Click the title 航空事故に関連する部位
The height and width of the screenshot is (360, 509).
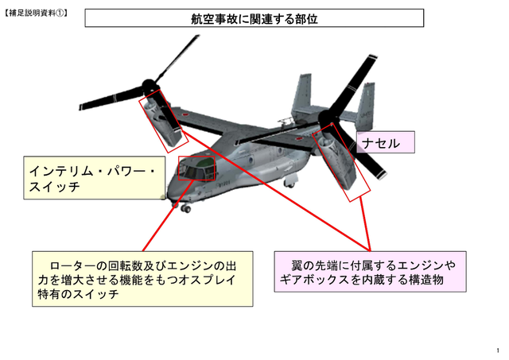(x=254, y=18)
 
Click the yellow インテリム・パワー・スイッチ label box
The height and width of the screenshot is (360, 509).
(x=92, y=178)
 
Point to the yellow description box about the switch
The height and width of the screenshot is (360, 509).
(x=143, y=279)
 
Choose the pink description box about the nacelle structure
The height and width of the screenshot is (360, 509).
(x=370, y=272)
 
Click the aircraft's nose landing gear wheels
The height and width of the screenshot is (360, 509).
(x=185, y=208)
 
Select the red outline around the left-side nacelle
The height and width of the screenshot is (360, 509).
(x=165, y=122)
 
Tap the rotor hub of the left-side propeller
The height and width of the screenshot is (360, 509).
(x=147, y=85)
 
